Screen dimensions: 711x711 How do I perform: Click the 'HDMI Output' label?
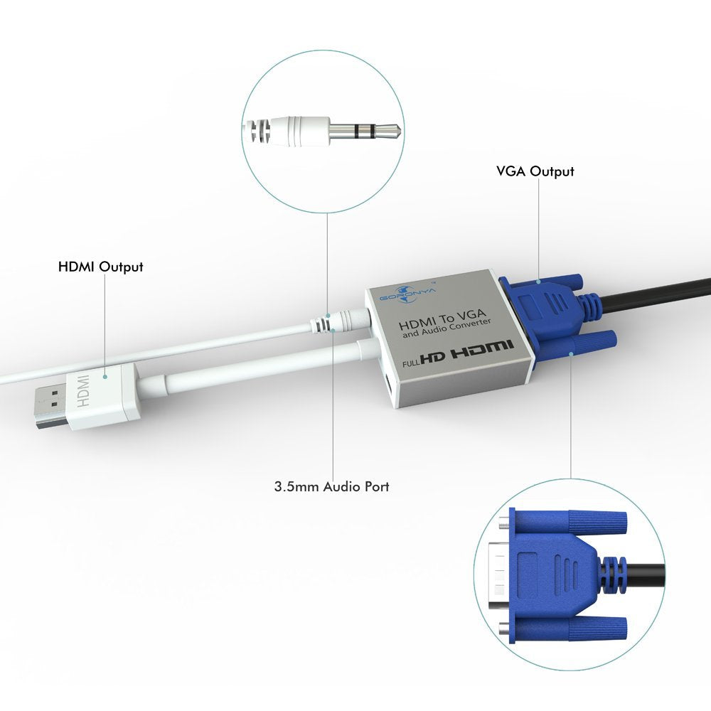[100, 267]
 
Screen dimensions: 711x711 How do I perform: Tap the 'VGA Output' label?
[535, 171]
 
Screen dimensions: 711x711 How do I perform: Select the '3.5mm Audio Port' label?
[331, 487]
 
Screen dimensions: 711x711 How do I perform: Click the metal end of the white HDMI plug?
[48, 411]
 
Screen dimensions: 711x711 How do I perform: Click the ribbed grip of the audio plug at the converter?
[324, 326]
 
